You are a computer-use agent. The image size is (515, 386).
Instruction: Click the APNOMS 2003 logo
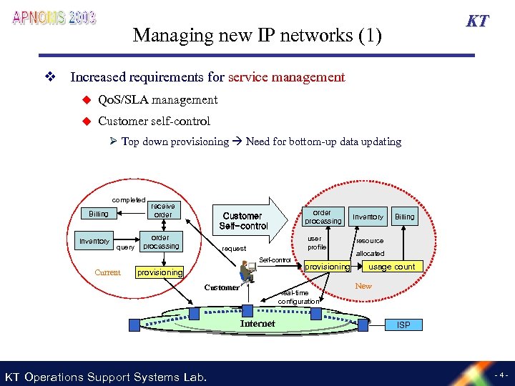pos(54,18)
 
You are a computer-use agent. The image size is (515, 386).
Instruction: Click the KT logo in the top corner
pos(477,21)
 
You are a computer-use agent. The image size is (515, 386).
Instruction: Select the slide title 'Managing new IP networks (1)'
pos(257,35)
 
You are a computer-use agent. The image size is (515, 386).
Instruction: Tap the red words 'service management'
pos(286,77)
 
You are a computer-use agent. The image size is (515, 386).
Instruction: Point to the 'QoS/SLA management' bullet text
pos(157,99)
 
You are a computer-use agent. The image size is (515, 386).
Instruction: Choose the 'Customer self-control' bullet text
pos(154,121)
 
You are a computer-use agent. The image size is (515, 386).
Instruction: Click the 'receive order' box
pos(162,210)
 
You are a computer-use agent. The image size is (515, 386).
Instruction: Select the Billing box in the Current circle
pos(99,214)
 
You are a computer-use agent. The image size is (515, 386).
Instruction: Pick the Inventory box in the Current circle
pos(94,241)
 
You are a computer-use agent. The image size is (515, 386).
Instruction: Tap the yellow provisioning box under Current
pos(160,272)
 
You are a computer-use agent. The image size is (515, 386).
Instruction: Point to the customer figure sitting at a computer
pos(247,272)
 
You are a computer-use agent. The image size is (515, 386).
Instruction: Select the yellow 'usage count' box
pos(391,267)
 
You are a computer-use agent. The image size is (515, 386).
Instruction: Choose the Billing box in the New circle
pos(404,217)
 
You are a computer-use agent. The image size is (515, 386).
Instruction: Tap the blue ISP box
pos(403,325)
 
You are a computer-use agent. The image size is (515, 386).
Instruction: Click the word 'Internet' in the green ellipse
pos(257,324)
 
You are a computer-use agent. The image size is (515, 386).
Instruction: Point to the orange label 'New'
pos(363,286)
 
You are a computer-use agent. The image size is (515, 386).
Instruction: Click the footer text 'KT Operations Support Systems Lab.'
pos(106,377)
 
